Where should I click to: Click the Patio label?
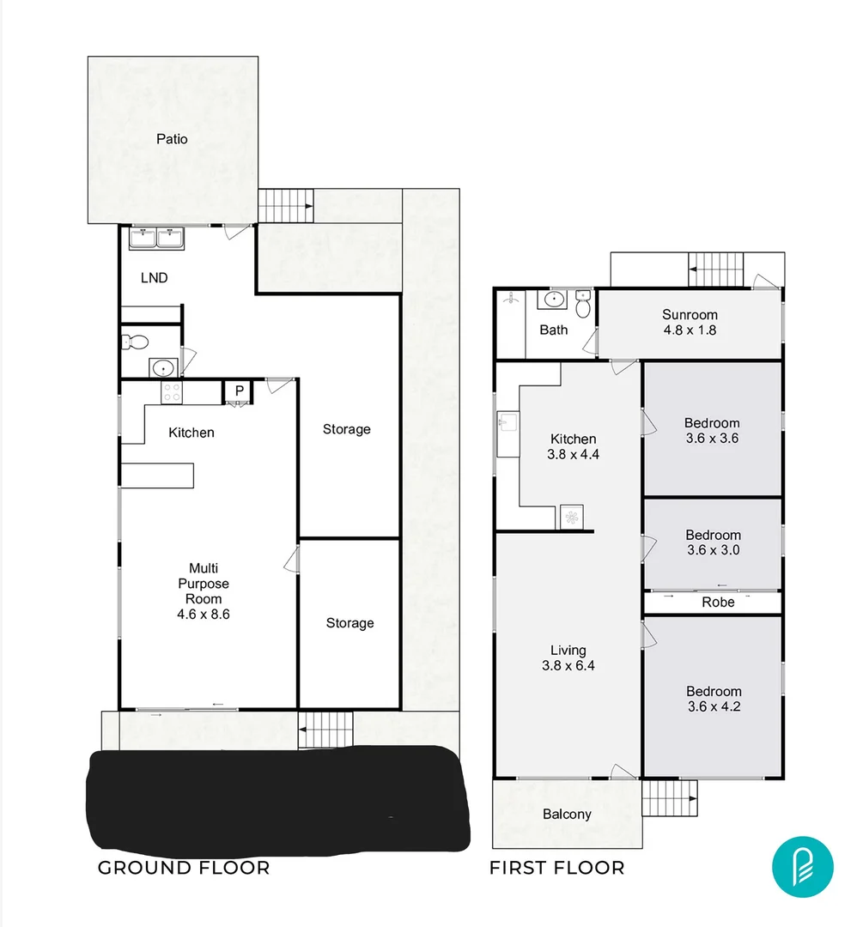tap(172, 139)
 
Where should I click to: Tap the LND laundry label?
tap(154, 278)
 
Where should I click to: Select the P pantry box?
tap(240, 391)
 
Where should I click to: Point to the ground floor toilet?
tap(135, 341)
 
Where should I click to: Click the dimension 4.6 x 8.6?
tap(204, 615)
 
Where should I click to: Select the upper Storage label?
tap(347, 429)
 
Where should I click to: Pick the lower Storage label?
tap(349, 623)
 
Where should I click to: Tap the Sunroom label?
tap(690, 315)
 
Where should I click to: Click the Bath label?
tap(553, 330)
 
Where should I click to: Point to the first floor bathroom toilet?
tap(584, 304)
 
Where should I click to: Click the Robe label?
tap(718, 603)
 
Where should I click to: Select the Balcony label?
tap(567, 814)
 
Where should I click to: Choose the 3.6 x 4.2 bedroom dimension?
tap(713, 707)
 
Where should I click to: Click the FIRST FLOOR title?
tap(556, 868)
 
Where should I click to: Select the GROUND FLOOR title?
tap(184, 868)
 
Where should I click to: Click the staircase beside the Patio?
tap(286, 206)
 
